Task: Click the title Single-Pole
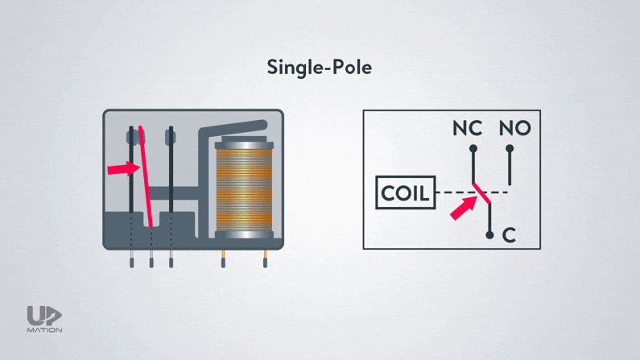320,68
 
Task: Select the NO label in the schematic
515,129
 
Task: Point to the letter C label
508,235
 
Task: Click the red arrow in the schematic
462,209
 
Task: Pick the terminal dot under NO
510,148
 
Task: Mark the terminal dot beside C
489,235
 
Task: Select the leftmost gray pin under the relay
132,258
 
